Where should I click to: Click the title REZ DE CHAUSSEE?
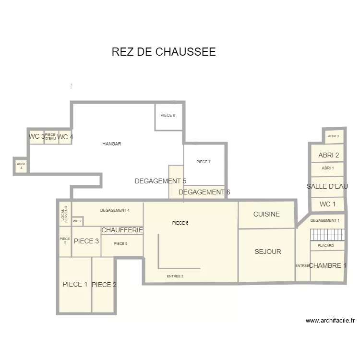[164, 52]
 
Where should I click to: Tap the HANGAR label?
[111, 144]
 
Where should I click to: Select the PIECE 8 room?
[168, 115]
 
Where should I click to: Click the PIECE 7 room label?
[204, 162]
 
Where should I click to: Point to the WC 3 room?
[36, 137]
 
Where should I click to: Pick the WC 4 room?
[65, 137]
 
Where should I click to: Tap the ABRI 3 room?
[334, 136]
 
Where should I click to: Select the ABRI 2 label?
[329, 155]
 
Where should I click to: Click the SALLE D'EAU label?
[327, 186]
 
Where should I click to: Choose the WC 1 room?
[327, 204]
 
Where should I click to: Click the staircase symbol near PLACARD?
[327, 234]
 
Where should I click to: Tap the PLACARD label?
[326, 245]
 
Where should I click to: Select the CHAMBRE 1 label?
[328, 265]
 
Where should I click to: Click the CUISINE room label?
[266, 214]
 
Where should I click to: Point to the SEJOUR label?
[268, 252]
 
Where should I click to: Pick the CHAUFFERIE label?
[122, 230]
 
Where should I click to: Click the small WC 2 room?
[77, 221]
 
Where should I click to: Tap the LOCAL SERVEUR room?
[65, 214]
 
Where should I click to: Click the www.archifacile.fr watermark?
[330, 321]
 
